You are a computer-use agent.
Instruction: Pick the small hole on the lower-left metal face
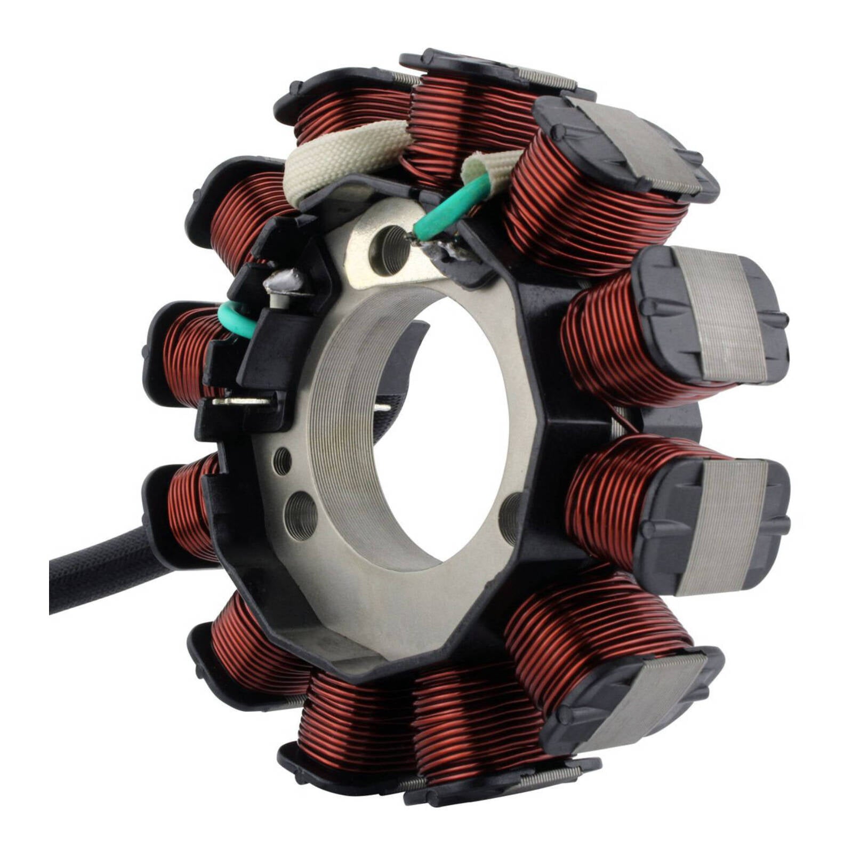tap(282, 461)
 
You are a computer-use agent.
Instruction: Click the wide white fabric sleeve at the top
tap(341, 160)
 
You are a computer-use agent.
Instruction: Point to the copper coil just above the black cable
tap(187, 506)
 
